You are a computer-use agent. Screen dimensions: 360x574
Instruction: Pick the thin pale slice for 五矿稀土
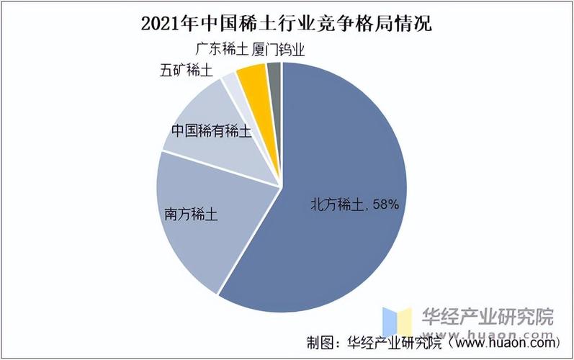pyautogui.click(x=230, y=79)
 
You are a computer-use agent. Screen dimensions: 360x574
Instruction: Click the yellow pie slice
pyautogui.click(x=253, y=76)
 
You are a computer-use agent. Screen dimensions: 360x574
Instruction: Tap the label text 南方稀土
pyautogui.click(x=192, y=215)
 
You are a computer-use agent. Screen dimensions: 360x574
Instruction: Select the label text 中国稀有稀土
pyautogui.click(x=211, y=132)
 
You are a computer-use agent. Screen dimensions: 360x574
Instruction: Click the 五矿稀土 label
pyautogui.click(x=186, y=71)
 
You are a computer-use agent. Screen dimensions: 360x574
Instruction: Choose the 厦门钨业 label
pyautogui.click(x=284, y=49)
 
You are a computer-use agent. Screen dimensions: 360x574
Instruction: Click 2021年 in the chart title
pyautogui.click(x=171, y=23)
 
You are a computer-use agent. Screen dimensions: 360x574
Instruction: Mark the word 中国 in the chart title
pyautogui.click(x=214, y=23)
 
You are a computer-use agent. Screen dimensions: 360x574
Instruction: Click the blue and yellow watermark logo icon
pyautogui.click(x=397, y=321)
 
